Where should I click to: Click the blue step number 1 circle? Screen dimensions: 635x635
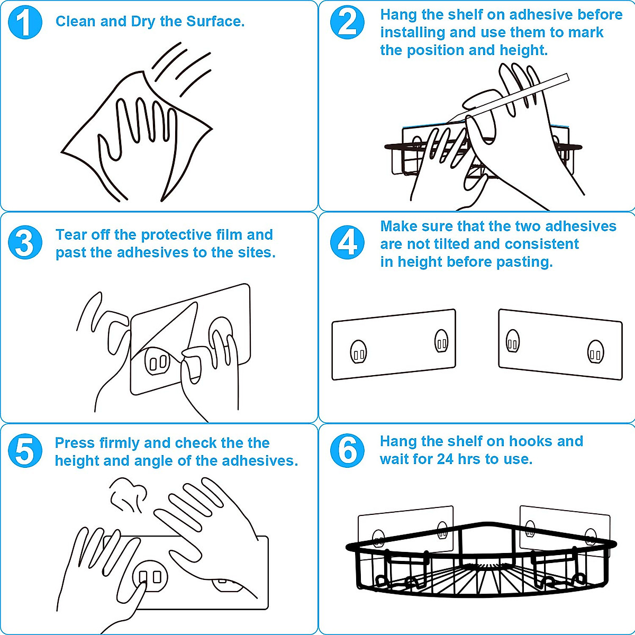tap(25, 23)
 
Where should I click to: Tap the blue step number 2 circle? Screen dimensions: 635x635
tap(347, 23)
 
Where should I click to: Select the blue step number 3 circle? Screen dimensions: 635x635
tap(25, 242)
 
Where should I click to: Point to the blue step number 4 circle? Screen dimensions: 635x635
tap(347, 242)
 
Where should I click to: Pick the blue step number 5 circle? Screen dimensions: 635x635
tap(25, 451)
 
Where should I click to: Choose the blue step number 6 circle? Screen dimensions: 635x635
tap(347, 451)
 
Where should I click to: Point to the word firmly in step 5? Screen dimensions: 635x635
tap(120, 443)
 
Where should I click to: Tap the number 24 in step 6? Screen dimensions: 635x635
tap(445, 459)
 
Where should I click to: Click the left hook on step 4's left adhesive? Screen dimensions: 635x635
tap(359, 351)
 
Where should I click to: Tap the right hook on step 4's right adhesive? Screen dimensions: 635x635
tap(596, 351)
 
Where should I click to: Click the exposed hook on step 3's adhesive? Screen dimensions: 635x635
tap(158, 361)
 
